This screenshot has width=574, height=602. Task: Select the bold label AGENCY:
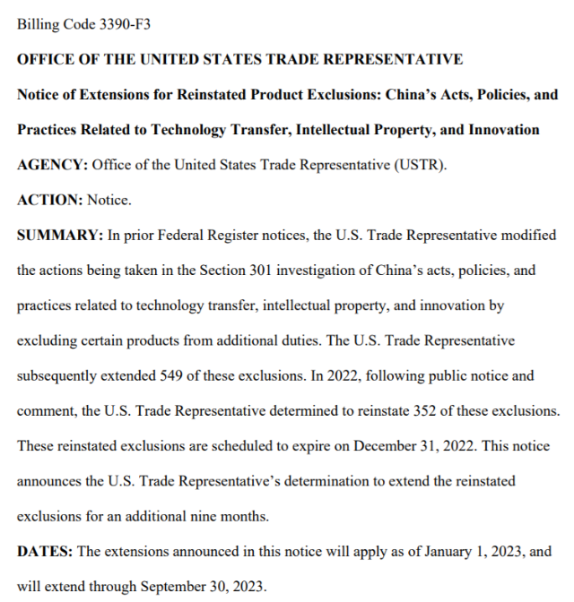(x=50, y=166)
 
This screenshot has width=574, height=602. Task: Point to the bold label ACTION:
(x=49, y=201)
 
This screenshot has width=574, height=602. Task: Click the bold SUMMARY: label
(x=59, y=236)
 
